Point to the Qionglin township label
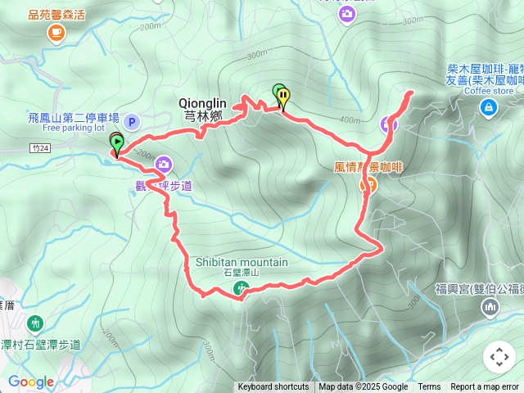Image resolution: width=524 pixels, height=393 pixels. tap(201, 110)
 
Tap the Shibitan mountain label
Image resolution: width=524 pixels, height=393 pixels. tap(242, 262)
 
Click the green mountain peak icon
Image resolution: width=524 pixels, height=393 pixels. tap(242, 287)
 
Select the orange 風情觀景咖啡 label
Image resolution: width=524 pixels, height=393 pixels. tap(369, 167)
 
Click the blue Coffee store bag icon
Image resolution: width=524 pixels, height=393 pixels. tap(488, 106)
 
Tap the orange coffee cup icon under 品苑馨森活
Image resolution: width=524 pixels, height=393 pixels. tap(56, 32)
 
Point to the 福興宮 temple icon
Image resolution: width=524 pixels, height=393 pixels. tap(490, 307)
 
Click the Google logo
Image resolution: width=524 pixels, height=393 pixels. tap(30, 382)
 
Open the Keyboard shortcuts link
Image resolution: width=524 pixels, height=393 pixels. tap(273, 387)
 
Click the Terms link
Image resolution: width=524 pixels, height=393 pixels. tap(429, 387)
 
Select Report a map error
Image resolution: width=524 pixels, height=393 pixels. tap(485, 387)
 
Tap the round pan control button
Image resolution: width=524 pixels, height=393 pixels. tap(499, 357)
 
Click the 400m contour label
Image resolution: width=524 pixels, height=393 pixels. tap(350, 121)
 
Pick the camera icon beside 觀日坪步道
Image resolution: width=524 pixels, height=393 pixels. tap(163, 164)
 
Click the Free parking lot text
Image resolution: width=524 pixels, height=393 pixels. tap(74, 128)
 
